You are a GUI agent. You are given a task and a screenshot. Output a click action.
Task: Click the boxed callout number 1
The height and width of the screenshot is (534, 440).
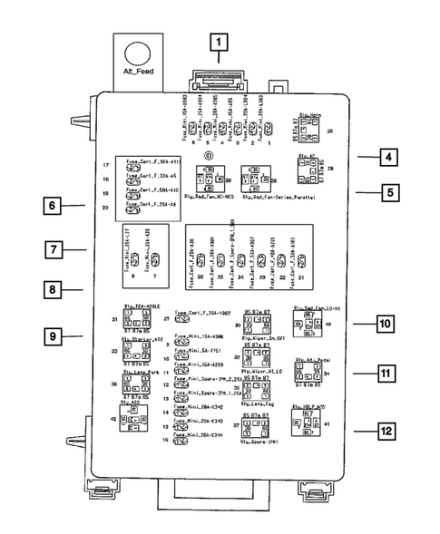[218, 41]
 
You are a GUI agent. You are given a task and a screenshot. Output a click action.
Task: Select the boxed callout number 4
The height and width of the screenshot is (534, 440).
[386, 157]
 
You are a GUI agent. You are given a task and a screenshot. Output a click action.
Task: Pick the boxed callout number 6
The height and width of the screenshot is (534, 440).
[53, 206]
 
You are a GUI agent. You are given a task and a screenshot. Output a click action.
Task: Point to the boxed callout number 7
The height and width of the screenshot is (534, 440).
[53, 248]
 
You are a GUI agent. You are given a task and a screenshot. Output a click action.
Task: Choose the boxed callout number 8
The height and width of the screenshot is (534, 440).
[53, 290]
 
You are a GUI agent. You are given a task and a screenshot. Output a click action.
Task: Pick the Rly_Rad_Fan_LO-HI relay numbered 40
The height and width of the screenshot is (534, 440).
[306, 324]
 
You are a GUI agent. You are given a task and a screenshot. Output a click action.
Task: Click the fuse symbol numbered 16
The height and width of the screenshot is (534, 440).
[180, 441]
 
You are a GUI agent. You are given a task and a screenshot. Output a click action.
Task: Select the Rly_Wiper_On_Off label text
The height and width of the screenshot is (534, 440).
[264, 338]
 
